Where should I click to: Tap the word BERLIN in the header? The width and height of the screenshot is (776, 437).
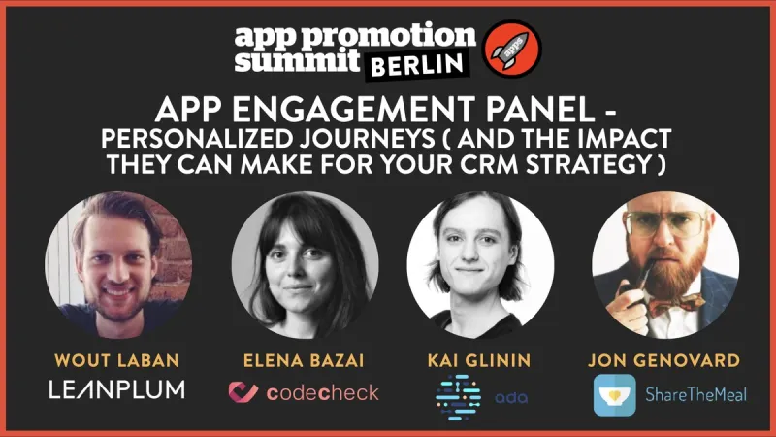coord(422,63)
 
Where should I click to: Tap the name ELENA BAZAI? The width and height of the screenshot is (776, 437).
coord(305,361)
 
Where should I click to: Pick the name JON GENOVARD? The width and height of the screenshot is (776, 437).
coord(664,361)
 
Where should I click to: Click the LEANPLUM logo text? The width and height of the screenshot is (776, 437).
coord(116,390)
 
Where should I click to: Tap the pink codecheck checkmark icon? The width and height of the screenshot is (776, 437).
coord(241,392)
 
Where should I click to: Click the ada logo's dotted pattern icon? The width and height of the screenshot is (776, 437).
coord(458,394)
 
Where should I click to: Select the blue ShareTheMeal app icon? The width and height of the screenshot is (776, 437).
coord(614,394)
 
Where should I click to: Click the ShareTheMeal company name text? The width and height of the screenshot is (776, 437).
coord(693,394)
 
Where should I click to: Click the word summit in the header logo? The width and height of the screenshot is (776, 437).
coord(281,60)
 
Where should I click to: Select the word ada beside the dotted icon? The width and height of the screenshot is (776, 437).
coord(510,396)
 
